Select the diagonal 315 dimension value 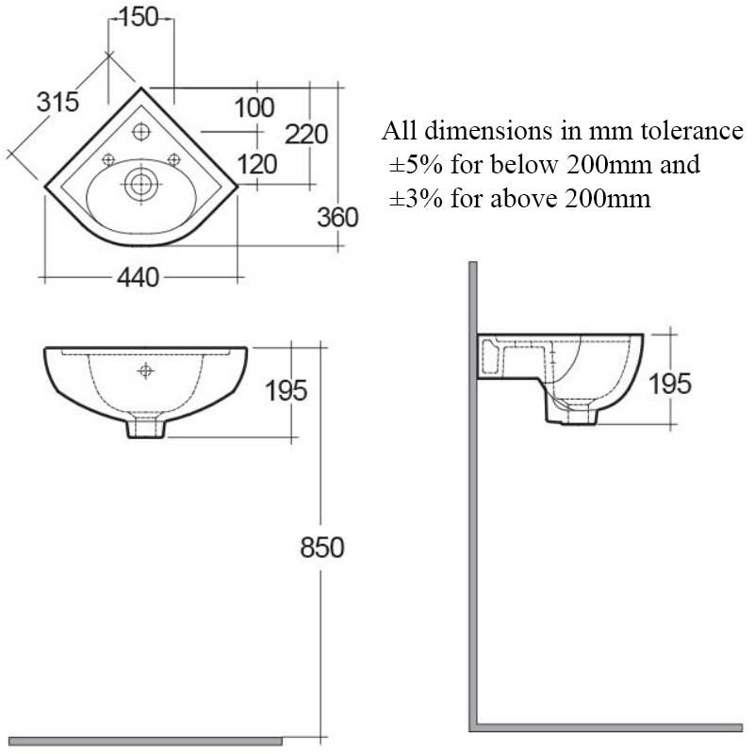[57, 102]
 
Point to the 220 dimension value [306, 135]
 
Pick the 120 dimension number [256, 165]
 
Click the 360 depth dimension [337, 217]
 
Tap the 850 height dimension [321, 547]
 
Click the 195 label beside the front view [286, 389]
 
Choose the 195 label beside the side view [670, 383]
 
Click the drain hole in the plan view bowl [139, 184]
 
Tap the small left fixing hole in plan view [107, 158]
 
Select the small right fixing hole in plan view [174, 158]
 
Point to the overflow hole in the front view [145, 370]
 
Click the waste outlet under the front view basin [145, 428]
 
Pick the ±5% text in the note [418, 165]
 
